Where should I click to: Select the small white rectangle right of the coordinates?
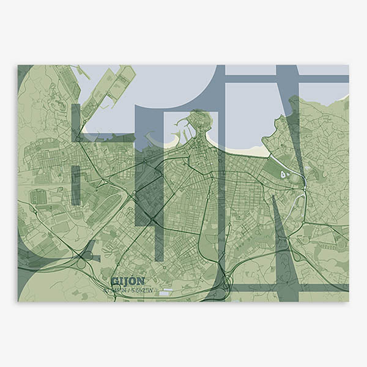[165, 293]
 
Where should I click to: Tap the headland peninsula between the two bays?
[200, 122]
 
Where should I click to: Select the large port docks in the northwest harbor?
[113, 92]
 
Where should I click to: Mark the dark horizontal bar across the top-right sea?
[287, 79]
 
